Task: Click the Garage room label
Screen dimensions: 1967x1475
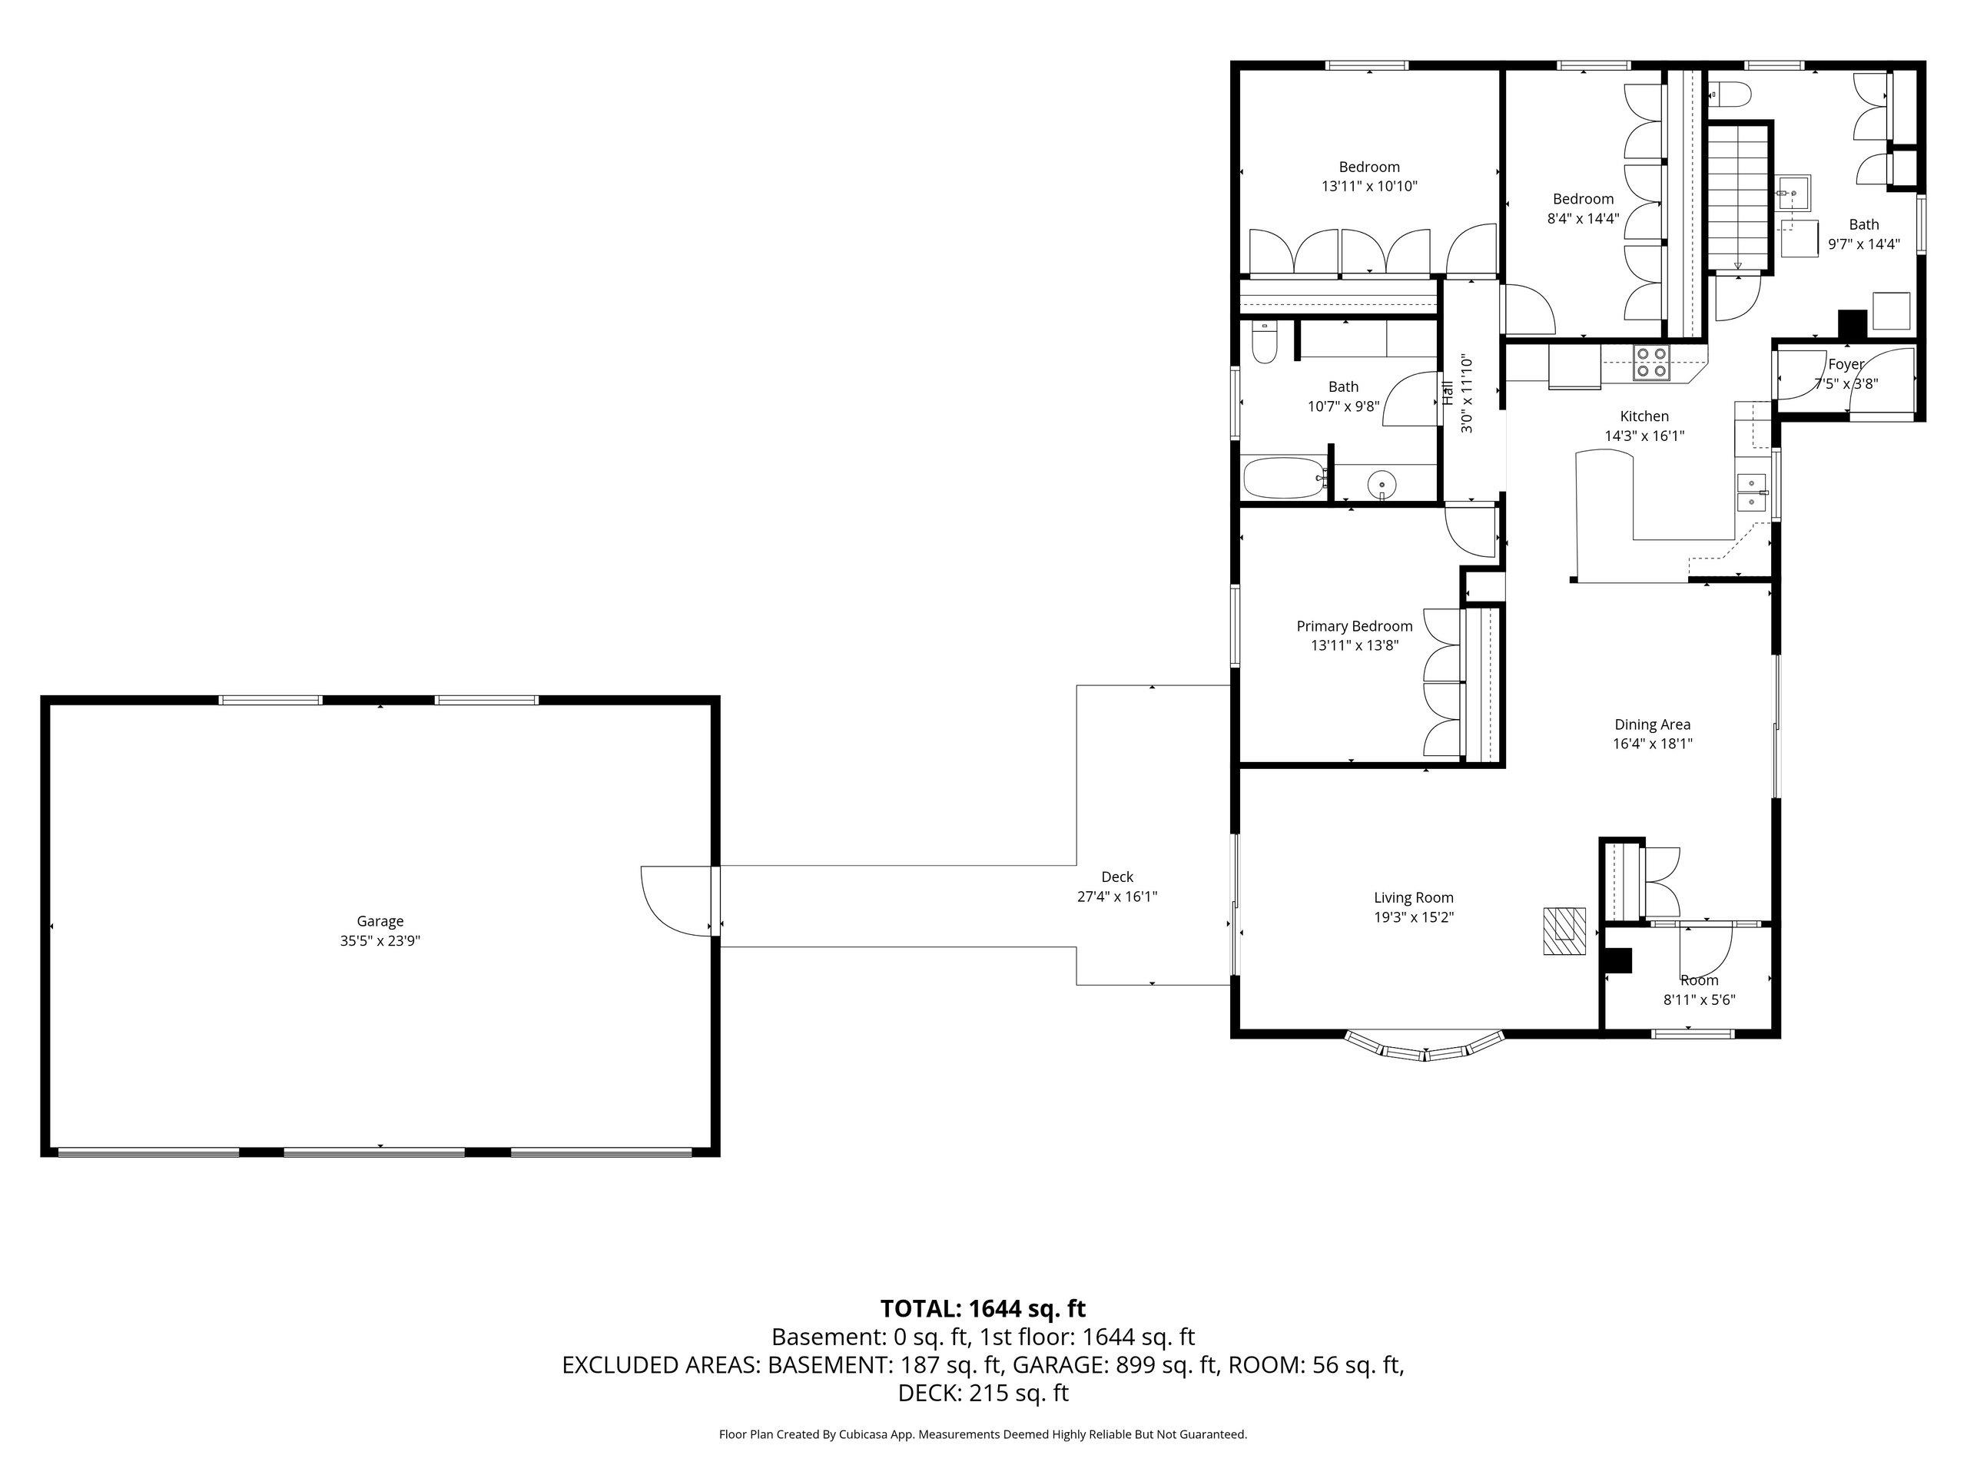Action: point(380,921)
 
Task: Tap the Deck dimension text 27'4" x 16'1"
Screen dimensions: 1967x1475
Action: point(1117,897)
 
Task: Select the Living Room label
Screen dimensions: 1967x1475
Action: point(1414,898)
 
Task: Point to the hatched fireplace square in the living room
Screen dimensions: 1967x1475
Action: point(1564,930)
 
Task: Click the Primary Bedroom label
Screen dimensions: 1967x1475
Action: point(1355,626)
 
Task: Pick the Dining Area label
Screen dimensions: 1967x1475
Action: point(1652,724)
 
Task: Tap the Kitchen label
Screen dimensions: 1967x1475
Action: point(1644,416)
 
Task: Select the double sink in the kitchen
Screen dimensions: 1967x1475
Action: point(1752,492)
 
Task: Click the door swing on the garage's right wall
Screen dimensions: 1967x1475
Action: point(677,900)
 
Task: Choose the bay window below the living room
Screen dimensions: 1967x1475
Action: point(1425,1046)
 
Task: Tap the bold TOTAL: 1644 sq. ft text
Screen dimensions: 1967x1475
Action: point(983,1309)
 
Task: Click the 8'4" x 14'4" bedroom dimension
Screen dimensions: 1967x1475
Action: point(1583,218)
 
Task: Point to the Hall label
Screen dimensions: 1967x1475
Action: point(1448,393)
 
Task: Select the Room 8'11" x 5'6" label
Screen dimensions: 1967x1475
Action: point(1700,989)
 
